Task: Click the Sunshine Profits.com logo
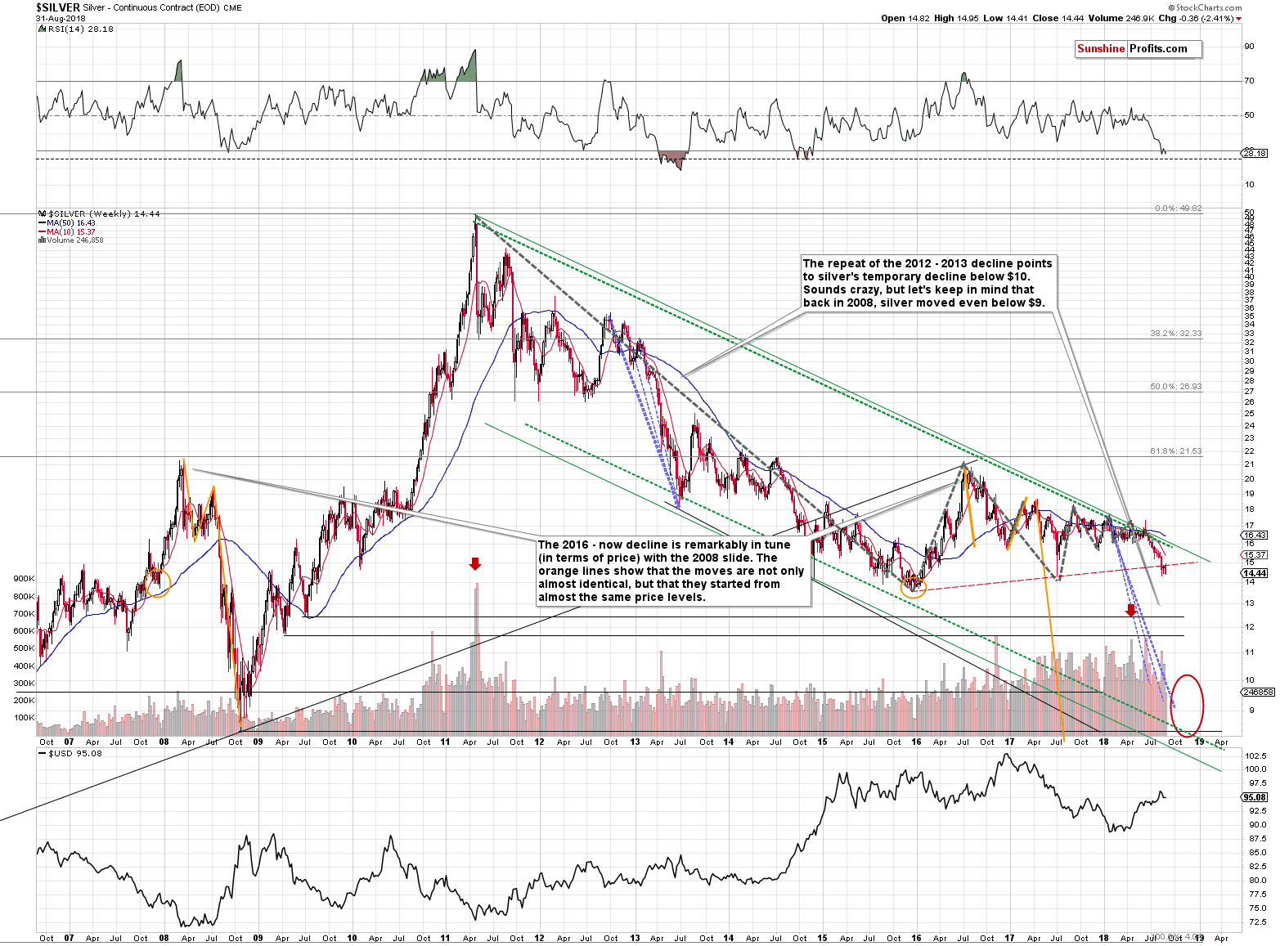pos(1138,49)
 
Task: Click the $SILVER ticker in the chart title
pos(58,7)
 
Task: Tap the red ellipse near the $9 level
pos(1188,705)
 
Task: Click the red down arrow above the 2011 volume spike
pos(475,563)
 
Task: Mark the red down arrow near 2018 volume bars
pos(1130,610)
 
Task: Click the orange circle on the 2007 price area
pos(158,582)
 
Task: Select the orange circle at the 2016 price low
pos(913,585)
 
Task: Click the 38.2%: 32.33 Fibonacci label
pos(1175,334)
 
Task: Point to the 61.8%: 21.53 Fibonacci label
pos(1175,451)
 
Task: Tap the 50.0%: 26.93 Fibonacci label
pos(1175,387)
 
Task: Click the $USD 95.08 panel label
pos(75,753)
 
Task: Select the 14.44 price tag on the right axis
pos(1255,573)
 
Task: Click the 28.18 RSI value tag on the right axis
pos(1255,153)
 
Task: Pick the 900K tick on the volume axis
pos(24,578)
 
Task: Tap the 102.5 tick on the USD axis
pos(1255,755)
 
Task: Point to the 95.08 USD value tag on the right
pos(1255,797)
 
